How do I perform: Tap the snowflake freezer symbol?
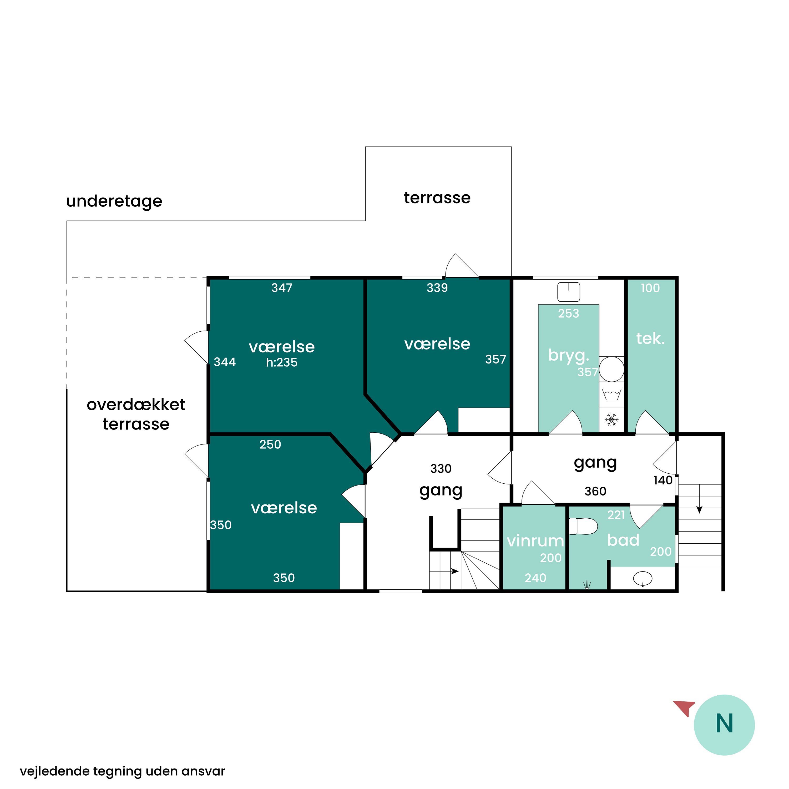tap(611, 419)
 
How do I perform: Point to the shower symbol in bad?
tap(587, 585)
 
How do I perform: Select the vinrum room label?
tap(535, 541)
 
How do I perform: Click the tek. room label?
tap(650, 338)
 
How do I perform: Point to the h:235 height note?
tap(281, 362)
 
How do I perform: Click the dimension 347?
tap(282, 288)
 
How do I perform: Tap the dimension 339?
tap(437, 288)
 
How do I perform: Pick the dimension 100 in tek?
tap(650, 288)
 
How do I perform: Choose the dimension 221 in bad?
tap(616, 515)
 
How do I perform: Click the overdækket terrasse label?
tap(136, 414)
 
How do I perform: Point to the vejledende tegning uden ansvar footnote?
tap(123, 771)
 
